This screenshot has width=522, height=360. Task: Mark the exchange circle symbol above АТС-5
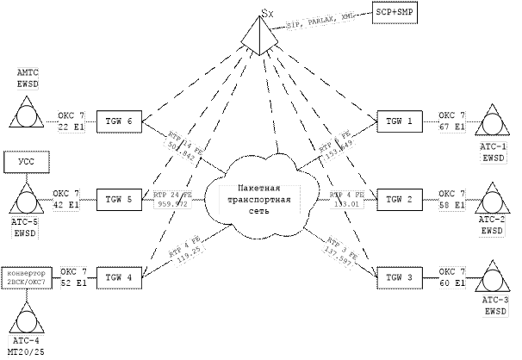pyautogui.click(x=26, y=201)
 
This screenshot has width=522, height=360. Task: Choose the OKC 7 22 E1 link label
pyautogui.click(x=71, y=121)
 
